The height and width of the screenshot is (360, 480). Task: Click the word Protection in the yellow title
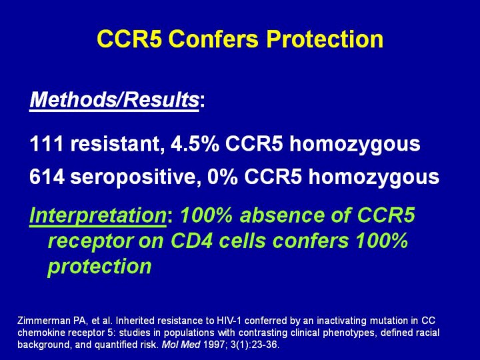pyautogui.click(x=325, y=39)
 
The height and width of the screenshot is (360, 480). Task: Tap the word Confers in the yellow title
pyautogui.click(x=214, y=39)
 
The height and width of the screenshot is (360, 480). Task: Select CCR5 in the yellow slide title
pyautogui.click(x=129, y=39)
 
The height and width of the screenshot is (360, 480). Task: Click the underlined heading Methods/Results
pyautogui.click(x=115, y=100)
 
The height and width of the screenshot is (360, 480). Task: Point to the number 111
pyautogui.click(x=47, y=143)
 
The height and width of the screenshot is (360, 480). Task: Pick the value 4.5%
pyautogui.click(x=195, y=143)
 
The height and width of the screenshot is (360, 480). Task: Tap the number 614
pyautogui.click(x=47, y=177)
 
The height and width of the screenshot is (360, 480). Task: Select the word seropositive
pyautogui.click(x=133, y=177)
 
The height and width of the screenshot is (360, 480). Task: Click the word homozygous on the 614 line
pyautogui.click(x=374, y=177)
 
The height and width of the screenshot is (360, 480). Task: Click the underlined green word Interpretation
pyautogui.click(x=98, y=216)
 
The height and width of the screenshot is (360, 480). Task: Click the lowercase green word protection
pyautogui.click(x=100, y=267)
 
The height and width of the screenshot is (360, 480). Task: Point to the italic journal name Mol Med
pyautogui.click(x=181, y=345)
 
